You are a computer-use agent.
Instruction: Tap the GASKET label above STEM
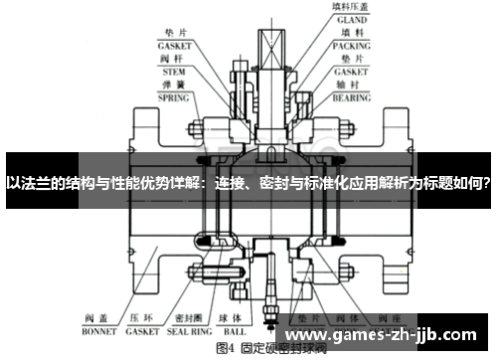point(173,45)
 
